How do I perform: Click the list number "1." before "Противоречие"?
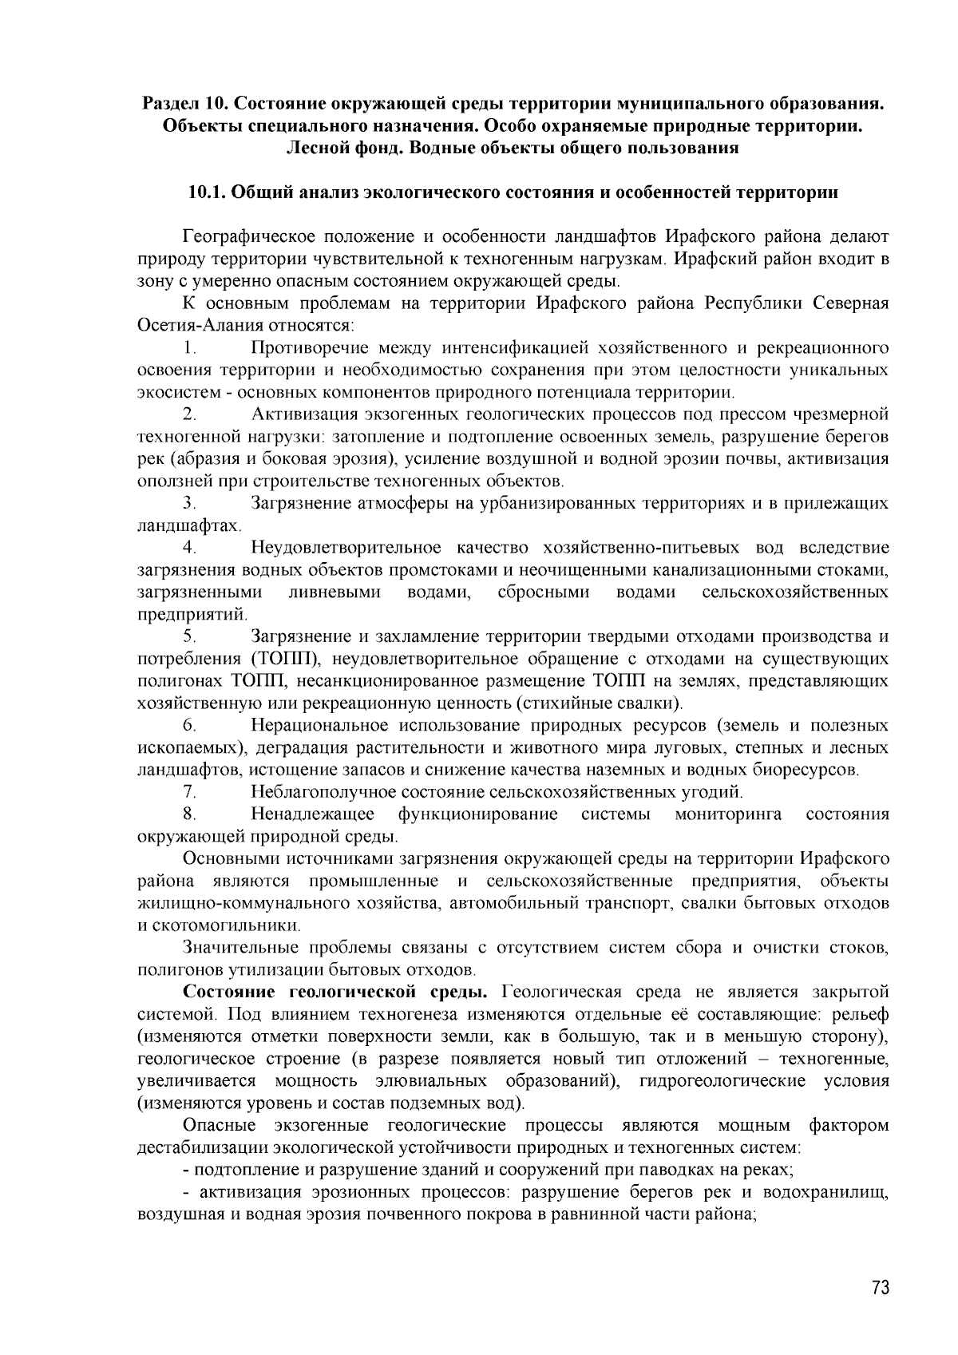point(189,348)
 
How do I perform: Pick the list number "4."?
point(189,548)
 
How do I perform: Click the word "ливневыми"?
point(335,592)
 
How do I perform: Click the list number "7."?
point(189,792)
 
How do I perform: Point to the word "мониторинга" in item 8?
point(728,814)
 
